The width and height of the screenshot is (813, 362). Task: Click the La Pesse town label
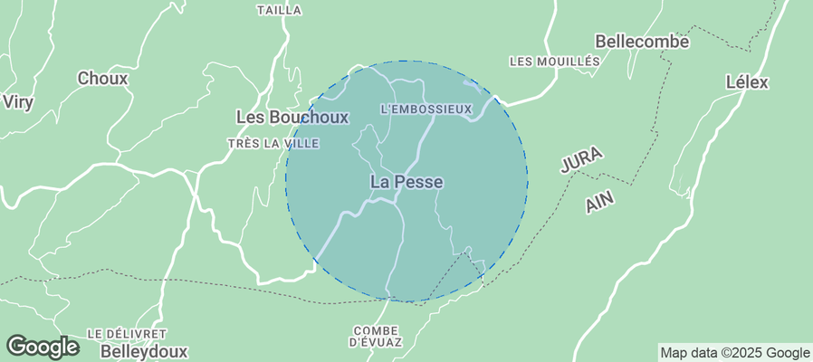(x=406, y=182)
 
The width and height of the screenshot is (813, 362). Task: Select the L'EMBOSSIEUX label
(x=426, y=110)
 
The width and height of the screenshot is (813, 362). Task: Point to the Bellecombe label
(x=642, y=42)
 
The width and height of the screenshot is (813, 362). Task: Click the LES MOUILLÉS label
(x=555, y=62)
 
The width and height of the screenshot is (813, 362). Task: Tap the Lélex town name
(x=747, y=82)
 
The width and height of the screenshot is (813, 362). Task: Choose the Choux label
(x=102, y=79)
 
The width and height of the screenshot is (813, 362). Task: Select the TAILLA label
(x=279, y=10)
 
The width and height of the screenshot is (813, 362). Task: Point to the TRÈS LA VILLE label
(x=273, y=144)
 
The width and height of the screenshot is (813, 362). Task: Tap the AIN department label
(x=598, y=201)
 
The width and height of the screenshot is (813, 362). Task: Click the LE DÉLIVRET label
(x=127, y=334)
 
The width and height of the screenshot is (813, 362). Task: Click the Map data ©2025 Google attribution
(x=734, y=353)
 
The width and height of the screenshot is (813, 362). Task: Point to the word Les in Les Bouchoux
(x=248, y=117)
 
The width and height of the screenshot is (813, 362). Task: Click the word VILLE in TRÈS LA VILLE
(x=301, y=144)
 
